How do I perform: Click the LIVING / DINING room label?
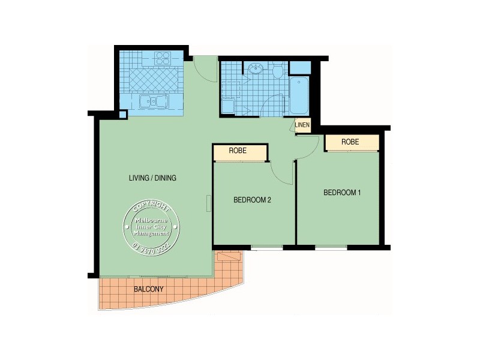(152, 178)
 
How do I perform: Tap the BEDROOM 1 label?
(342, 193)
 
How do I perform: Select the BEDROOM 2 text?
(253, 200)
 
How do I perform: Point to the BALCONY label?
(149, 289)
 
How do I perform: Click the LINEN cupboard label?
(302, 125)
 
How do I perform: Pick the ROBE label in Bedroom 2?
(239, 152)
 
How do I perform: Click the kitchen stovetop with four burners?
(163, 58)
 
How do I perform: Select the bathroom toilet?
(277, 72)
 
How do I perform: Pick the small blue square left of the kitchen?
(122, 115)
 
